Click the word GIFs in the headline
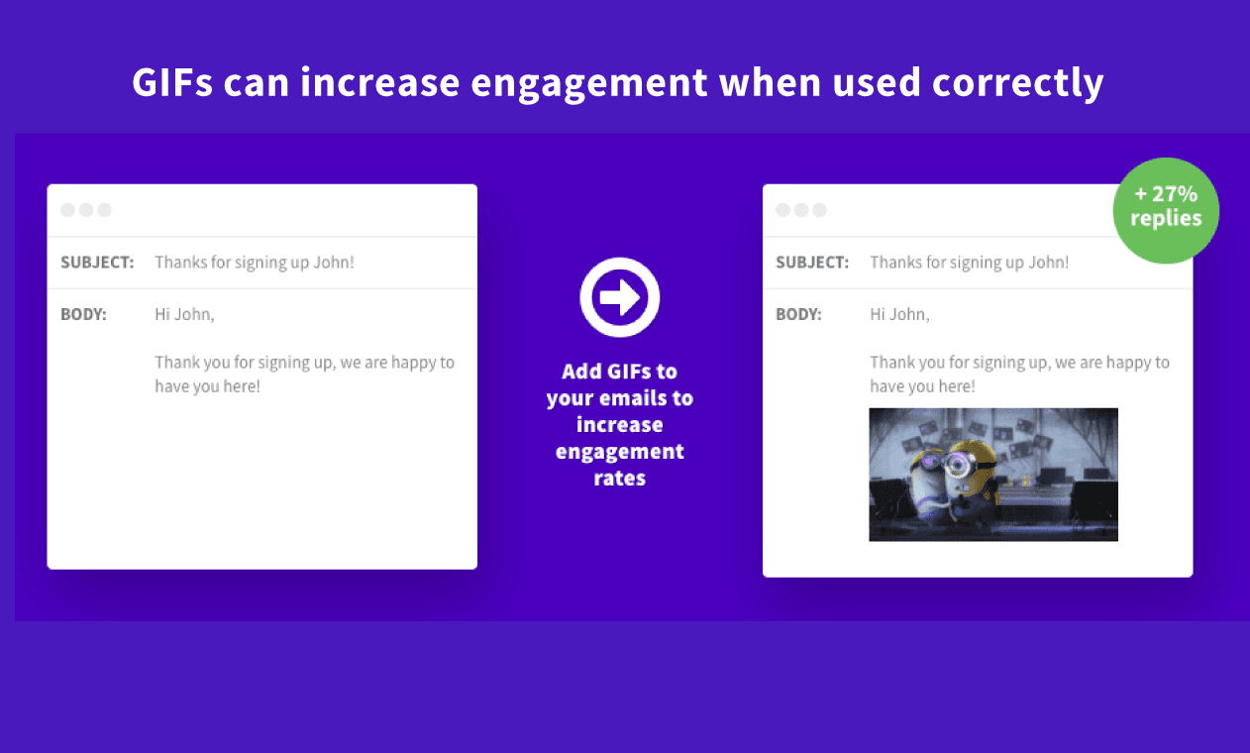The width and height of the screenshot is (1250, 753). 172,82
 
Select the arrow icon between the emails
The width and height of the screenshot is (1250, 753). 619,297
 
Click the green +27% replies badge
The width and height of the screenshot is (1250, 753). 1166,210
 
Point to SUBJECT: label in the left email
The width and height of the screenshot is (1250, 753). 97,263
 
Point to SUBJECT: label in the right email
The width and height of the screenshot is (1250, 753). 812,263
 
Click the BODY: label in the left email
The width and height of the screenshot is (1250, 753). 83,314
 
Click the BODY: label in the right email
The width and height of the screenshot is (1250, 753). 798,314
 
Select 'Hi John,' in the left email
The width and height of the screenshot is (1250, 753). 184,315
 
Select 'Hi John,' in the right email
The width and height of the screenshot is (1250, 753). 899,315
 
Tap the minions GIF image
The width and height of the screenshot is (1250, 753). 993,475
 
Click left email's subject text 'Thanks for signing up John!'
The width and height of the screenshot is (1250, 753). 255,263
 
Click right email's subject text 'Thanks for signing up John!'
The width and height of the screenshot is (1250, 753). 970,263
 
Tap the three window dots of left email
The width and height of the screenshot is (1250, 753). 86,210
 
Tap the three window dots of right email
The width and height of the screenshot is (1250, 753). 801,210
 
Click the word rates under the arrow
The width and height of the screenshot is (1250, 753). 619,479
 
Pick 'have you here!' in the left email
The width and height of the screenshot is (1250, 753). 208,386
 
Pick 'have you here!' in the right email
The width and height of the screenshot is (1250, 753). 922,386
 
